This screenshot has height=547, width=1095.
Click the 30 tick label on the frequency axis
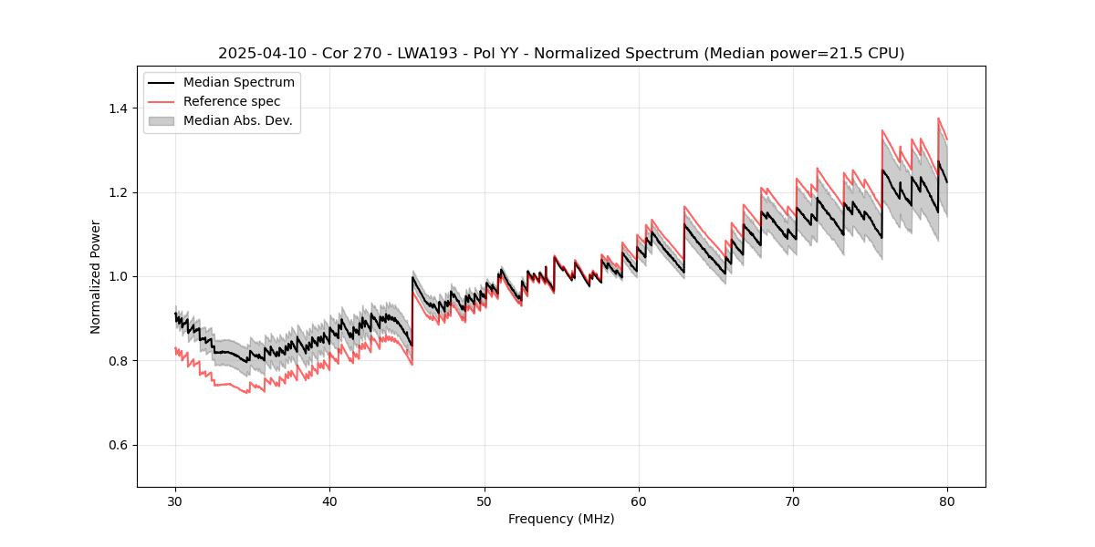point(175,501)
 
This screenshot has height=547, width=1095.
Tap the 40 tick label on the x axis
point(329,501)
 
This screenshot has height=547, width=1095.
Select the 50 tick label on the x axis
point(485,501)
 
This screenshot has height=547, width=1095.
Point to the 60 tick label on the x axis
point(639,501)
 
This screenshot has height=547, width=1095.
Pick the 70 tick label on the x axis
point(793,501)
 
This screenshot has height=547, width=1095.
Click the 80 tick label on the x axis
point(947,501)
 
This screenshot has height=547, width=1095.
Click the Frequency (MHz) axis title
point(561,519)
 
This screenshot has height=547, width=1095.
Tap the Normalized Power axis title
point(96,276)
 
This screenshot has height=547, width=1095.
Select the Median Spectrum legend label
point(239,83)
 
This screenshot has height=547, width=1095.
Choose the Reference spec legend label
point(232,101)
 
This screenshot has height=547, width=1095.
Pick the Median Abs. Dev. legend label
point(238,120)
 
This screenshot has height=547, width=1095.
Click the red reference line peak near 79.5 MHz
point(938,119)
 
